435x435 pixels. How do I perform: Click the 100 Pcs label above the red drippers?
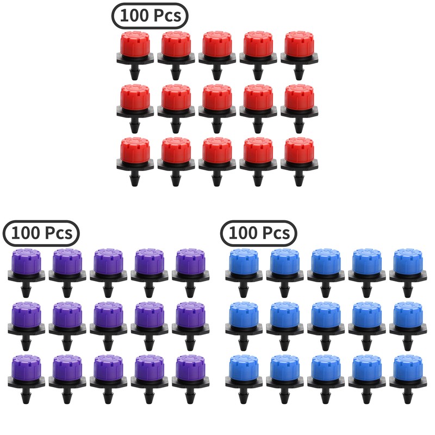tap(150, 16)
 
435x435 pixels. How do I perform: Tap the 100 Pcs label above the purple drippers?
tap(41, 233)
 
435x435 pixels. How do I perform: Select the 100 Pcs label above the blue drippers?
tap(259, 233)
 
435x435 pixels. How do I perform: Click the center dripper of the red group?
tap(216, 101)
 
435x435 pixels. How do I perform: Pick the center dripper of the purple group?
tap(108, 319)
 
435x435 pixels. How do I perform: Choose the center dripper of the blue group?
tap(325, 319)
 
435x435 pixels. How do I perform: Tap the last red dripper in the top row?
tap(299, 48)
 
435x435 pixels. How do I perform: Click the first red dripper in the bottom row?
tap(134, 154)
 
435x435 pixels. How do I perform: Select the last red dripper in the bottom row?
tap(299, 154)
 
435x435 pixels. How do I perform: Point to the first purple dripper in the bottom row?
tap(26, 372)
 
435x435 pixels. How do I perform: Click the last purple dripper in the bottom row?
tap(190, 372)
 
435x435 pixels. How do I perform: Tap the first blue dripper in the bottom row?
tap(243, 372)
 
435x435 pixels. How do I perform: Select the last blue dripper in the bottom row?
tap(407, 372)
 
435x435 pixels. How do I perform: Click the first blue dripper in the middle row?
tap(243, 319)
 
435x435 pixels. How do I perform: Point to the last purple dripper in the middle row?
tap(190, 319)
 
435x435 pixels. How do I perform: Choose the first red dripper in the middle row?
tap(134, 101)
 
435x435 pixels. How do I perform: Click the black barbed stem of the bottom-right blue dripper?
tap(408, 397)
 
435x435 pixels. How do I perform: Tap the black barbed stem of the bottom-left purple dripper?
tap(26, 397)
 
